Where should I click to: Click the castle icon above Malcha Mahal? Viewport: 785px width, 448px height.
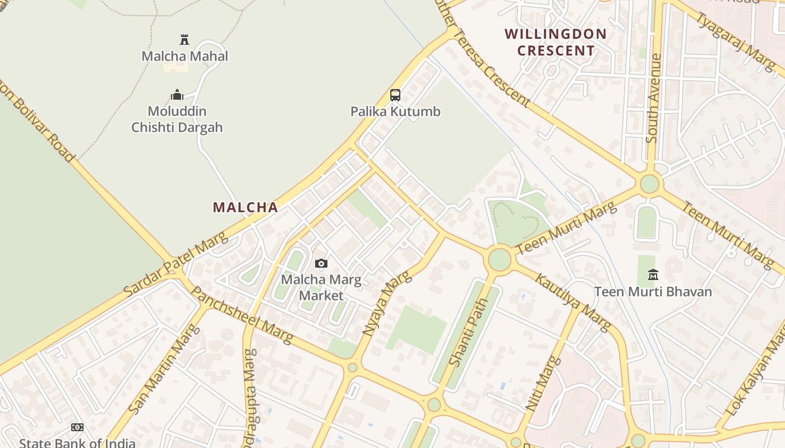tap(184, 40)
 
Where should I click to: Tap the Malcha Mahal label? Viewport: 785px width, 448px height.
tap(184, 57)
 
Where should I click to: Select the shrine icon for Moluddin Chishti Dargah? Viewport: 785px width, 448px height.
tap(177, 95)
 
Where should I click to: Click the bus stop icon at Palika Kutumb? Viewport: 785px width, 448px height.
tap(395, 95)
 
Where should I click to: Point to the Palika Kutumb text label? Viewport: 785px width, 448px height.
tap(395, 111)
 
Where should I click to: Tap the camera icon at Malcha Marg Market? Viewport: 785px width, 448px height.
tap(321, 263)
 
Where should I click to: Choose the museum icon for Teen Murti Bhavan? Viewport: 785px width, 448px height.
tap(653, 275)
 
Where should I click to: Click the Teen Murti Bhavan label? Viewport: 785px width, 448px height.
tap(653, 292)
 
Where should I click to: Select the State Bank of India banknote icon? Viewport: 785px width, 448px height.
tap(77, 427)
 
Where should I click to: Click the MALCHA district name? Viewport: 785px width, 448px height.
tap(245, 207)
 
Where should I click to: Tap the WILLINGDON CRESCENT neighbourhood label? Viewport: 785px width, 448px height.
tap(556, 42)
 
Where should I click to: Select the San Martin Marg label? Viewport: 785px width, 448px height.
tap(164, 368)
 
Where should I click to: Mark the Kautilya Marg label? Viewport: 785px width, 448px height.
tap(572, 302)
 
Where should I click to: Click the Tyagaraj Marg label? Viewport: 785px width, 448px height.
tap(735, 41)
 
